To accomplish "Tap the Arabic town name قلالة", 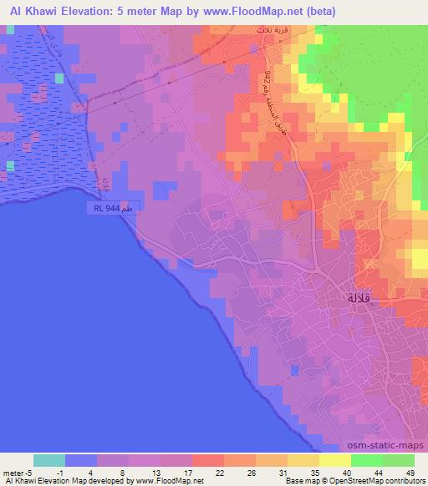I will point(362,298).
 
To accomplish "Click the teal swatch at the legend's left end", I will point(49,460).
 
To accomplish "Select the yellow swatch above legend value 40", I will point(335,460).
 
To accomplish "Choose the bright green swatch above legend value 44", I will point(367,460).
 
